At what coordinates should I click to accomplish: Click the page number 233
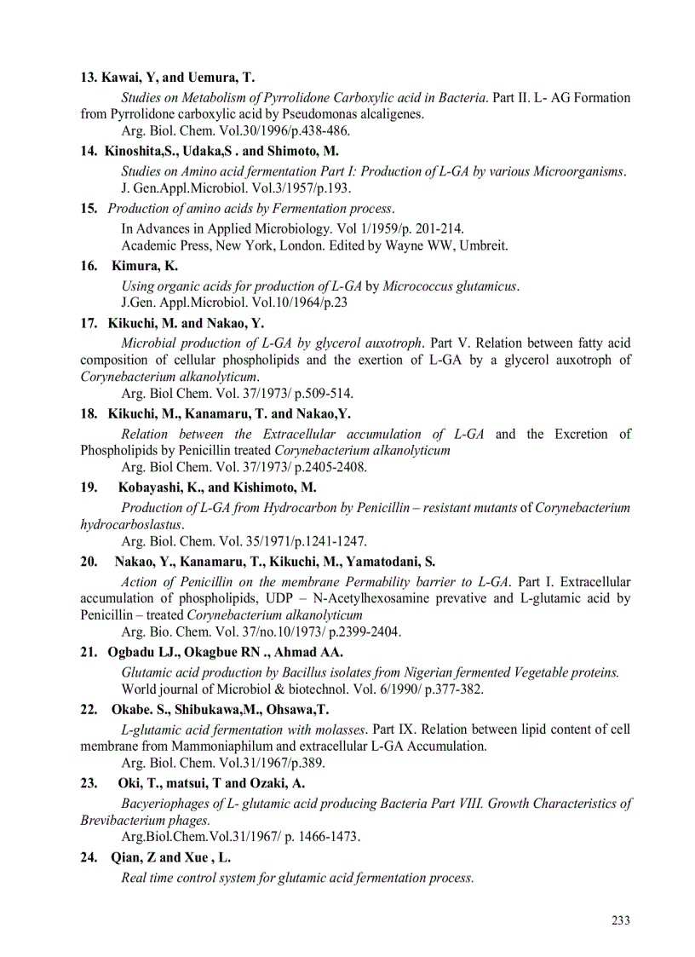click(620, 920)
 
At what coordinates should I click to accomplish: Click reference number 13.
click(88, 78)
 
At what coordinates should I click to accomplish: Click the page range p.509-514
click(323, 394)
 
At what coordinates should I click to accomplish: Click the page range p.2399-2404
click(364, 632)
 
